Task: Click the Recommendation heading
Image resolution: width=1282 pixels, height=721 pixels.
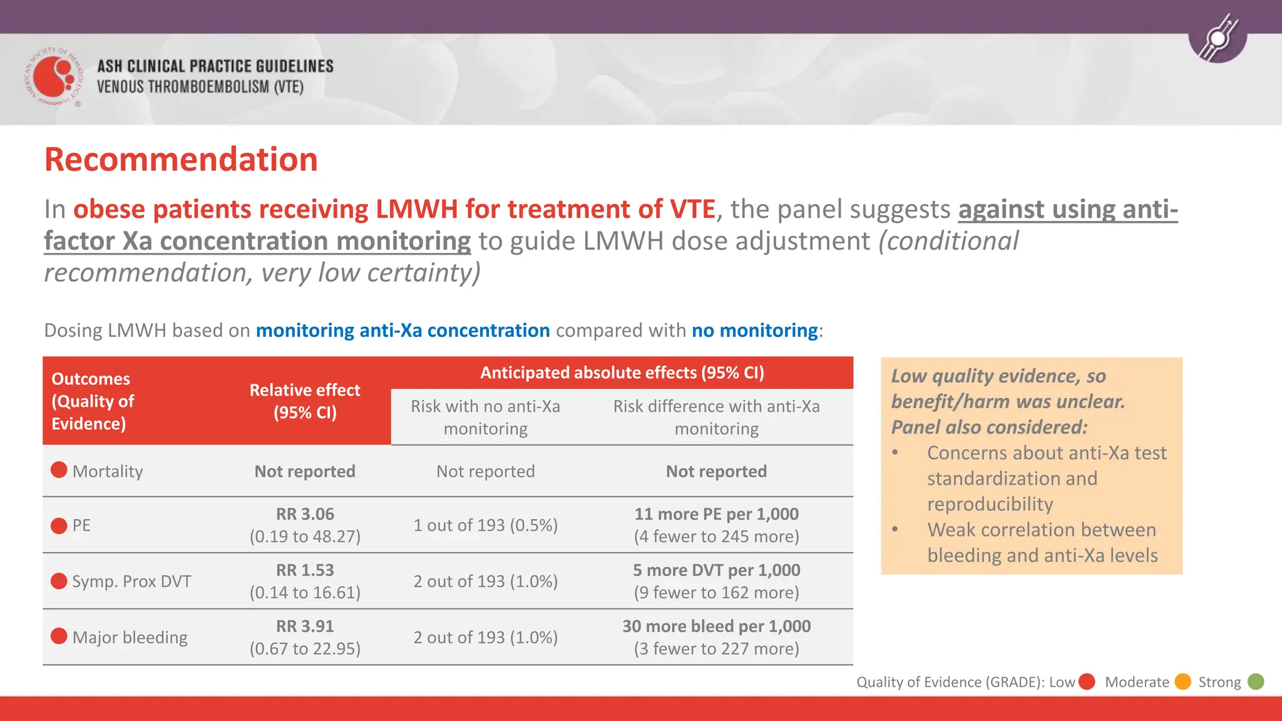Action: point(181,160)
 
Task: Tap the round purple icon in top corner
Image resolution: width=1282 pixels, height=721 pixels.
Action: point(1218,39)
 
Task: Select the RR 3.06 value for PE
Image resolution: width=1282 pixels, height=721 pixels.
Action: point(305,514)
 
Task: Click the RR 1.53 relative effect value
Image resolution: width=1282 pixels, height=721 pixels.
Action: point(305,570)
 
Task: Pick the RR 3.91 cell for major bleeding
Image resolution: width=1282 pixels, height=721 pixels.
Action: point(305,626)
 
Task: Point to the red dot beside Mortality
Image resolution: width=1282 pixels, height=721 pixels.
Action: point(59,470)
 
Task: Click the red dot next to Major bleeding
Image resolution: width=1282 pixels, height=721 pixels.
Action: point(59,637)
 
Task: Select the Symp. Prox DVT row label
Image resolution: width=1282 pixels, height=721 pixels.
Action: point(131,581)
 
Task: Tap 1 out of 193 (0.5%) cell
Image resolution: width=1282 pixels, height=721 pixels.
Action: point(485,525)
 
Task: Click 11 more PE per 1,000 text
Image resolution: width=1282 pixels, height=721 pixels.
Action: point(716,514)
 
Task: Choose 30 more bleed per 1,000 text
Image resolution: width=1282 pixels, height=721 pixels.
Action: point(716,626)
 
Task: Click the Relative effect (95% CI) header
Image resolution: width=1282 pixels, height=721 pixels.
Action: point(305,401)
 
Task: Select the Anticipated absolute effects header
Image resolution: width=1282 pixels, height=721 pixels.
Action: point(622,373)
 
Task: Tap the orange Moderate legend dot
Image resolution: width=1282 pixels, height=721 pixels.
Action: point(1182,682)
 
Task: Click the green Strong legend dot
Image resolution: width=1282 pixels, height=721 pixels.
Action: point(1256,682)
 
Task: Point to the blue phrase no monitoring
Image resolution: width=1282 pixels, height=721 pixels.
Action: point(754,330)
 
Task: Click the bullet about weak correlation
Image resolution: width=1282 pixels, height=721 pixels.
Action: point(1042,543)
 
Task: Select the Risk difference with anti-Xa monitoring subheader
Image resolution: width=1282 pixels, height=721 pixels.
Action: point(716,417)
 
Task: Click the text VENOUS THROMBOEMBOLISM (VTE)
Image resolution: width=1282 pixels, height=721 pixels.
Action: point(200,87)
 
